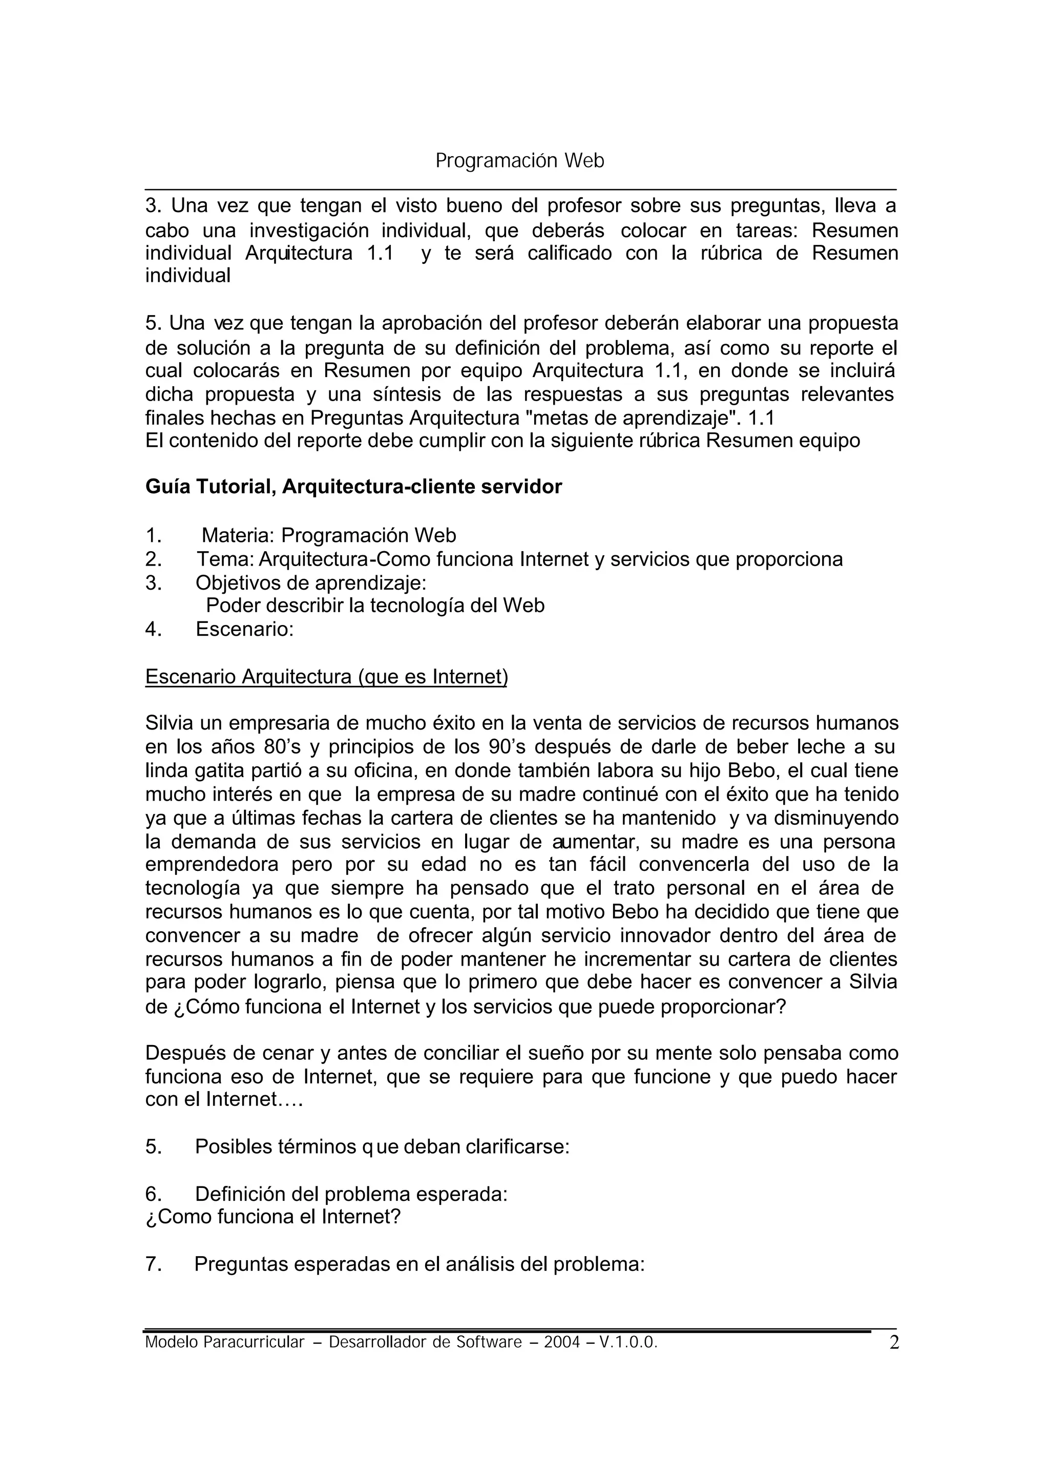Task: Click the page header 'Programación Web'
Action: pos(519,161)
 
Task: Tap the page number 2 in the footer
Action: pos(893,1344)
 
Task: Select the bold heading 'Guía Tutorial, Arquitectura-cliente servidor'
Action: pos(353,487)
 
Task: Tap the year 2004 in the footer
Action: pos(561,1343)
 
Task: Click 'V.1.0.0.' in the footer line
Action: pos(628,1343)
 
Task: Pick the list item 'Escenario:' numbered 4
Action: pos(244,629)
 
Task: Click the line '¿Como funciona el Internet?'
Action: pos(272,1217)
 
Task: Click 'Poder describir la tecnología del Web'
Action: pos(374,606)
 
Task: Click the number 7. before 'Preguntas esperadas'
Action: pos(153,1264)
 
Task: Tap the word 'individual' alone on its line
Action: pos(187,276)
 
